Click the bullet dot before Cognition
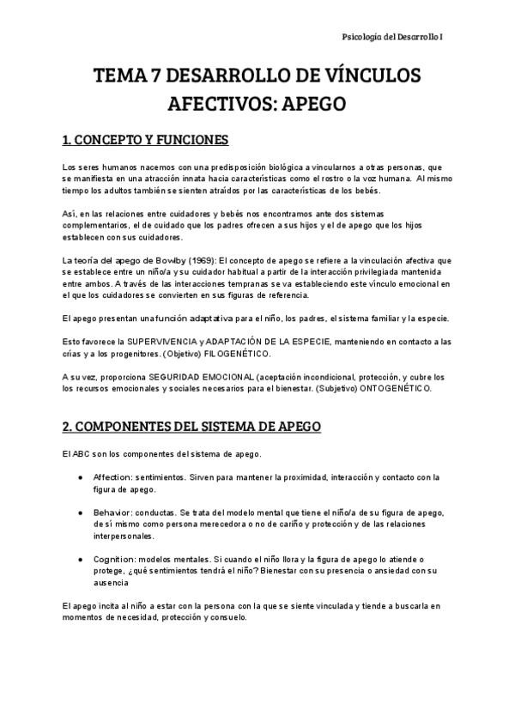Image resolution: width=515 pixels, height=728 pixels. point(80,559)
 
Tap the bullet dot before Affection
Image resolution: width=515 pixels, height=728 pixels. point(80,477)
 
